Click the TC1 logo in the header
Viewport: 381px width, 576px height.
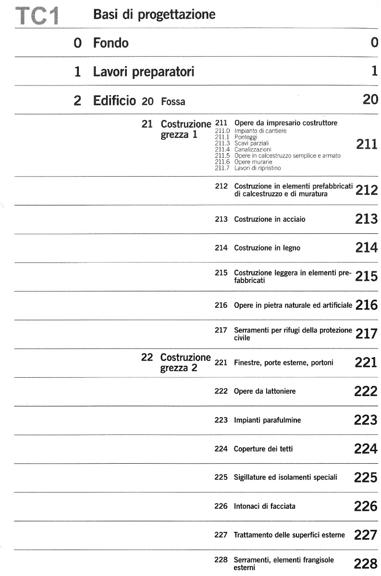click(x=37, y=16)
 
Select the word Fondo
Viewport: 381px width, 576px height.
click(x=111, y=43)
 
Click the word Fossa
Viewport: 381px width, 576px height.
click(x=173, y=102)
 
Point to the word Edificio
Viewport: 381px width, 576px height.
click(x=115, y=101)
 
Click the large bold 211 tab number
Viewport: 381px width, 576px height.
click(x=367, y=144)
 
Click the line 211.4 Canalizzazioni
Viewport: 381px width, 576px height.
click(x=240, y=149)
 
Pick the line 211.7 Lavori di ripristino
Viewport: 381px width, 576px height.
click(x=248, y=168)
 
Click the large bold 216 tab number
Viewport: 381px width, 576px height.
click(x=367, y=306)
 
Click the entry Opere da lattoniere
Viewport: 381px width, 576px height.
click(x=264, y=392)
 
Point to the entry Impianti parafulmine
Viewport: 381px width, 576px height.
click(x=267, y=420)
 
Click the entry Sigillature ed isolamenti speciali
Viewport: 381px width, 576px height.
click(x=285, y=478)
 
